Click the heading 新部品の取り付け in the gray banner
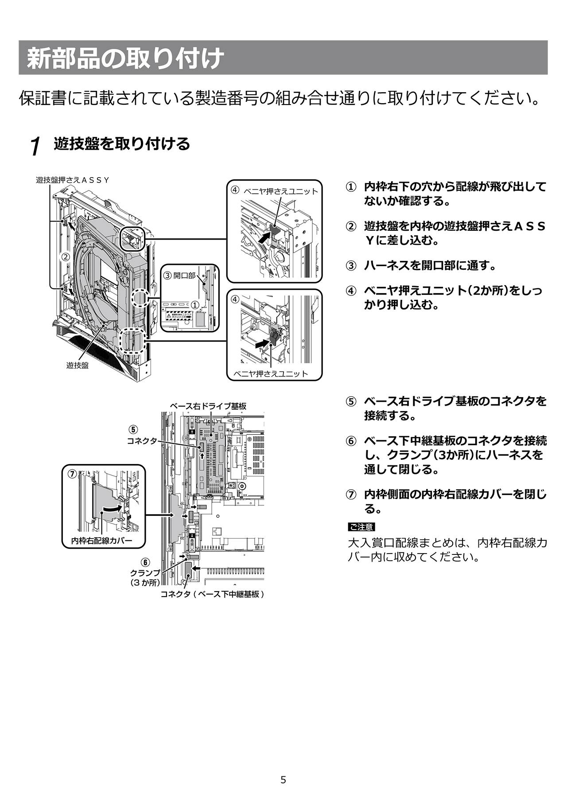pos(124,58)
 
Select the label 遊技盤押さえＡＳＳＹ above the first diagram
pos(72,180)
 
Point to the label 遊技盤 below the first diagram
pos(78,365)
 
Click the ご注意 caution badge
pos(361,527)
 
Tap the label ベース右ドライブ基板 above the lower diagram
pos(208,406)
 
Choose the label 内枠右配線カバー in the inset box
pos(101,541)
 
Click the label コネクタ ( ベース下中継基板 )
pos(213,594)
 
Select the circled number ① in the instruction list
pos(351,187)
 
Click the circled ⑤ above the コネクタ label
pos(133,430)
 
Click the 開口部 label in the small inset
pos(184,275)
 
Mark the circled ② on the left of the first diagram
pos(66,256)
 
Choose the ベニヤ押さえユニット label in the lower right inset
pos(270,373)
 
